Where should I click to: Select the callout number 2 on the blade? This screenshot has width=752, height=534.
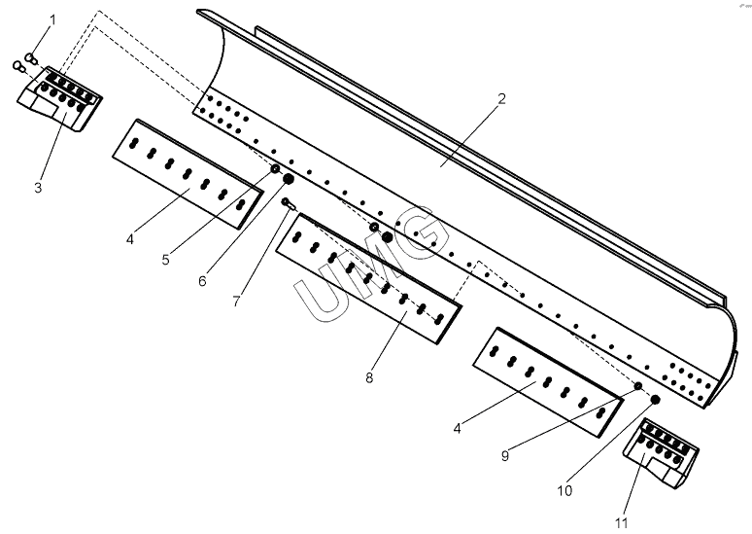(501, 99)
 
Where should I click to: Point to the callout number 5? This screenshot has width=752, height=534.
(166, 260)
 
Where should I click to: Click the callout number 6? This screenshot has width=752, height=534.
(202, 281)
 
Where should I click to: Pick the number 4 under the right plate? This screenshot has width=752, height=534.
(457, 427)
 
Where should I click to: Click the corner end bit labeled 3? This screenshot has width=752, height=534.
(60, 100)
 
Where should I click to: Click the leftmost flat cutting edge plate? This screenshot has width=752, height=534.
(187, 172)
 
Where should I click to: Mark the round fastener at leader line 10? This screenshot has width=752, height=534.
(655, 399)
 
